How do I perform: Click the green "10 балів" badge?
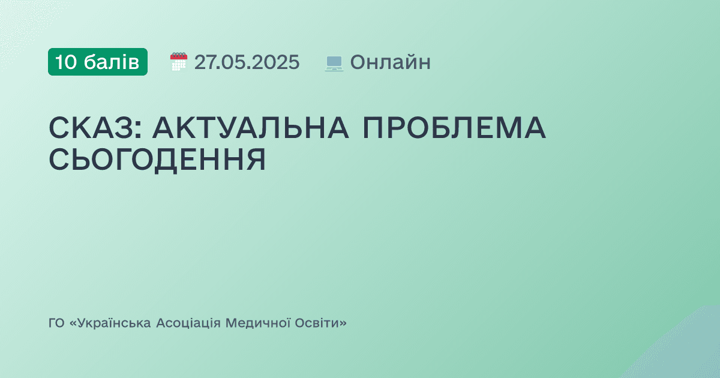point(98,62)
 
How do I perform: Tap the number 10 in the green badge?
point(66,62)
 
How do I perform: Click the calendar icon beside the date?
point(179,62)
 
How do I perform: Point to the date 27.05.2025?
point(247,62)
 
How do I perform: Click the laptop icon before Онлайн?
point(334,62)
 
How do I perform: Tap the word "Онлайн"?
point(390,62)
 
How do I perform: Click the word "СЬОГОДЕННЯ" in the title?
point(157,160)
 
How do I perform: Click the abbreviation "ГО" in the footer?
point(56,323)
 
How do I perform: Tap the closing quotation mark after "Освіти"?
point(343,323)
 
